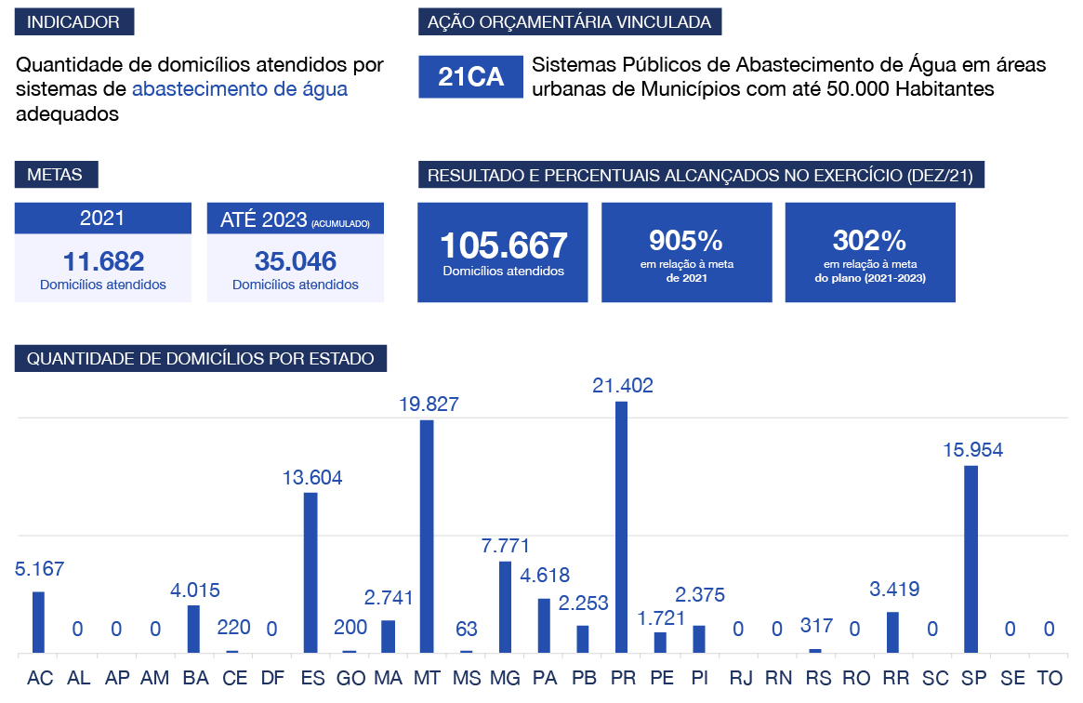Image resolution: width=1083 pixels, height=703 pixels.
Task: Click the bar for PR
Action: pos(621,527)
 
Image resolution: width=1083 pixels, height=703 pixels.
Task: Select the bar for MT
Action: pos(427,537)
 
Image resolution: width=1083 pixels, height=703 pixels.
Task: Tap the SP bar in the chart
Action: pos(971,559)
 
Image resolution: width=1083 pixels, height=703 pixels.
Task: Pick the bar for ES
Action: pos(310,573)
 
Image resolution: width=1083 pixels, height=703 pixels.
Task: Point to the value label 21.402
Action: pos(623,386)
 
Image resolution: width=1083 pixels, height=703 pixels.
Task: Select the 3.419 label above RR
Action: pos(893,589)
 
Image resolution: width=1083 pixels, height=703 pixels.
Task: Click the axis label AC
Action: pos(40,679)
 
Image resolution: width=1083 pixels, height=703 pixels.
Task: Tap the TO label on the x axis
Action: pos(1049,679)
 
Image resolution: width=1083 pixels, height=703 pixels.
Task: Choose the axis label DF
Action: pos(272,679)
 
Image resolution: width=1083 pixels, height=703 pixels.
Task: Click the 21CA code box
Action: pos(470,77)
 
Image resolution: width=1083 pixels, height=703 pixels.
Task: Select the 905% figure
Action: pos(686,242)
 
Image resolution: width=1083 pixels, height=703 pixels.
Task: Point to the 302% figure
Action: pos(869,242)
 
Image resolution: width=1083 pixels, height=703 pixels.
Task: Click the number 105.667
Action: pos(503,246)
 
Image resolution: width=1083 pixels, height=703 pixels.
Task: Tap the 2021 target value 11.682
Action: pos(103,261)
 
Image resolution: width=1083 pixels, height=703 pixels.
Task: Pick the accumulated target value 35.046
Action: pos(296,261)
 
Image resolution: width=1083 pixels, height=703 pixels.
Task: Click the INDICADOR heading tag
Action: pos(74,22)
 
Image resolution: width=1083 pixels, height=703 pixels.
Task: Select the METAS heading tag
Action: pos(56,175)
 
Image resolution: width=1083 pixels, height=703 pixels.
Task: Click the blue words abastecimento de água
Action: pos(240,89)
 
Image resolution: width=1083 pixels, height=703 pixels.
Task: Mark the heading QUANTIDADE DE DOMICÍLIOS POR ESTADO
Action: pos(201,359)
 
